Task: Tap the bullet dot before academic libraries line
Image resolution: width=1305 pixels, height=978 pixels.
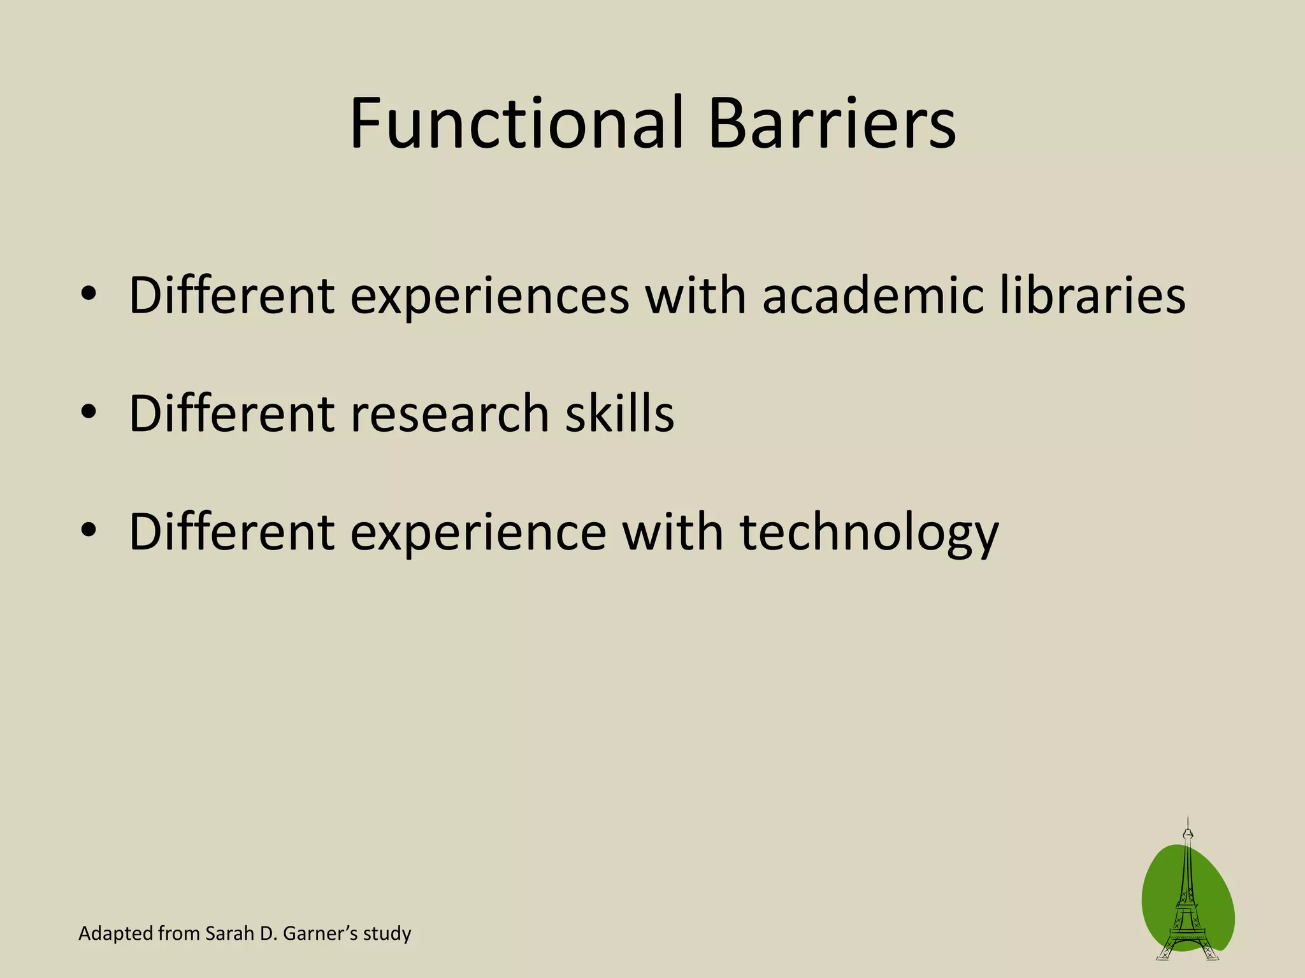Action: pos(89,294)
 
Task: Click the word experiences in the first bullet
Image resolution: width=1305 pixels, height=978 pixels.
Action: pos(489,296)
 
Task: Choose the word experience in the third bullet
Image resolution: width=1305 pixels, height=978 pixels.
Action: pos(478,534)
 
